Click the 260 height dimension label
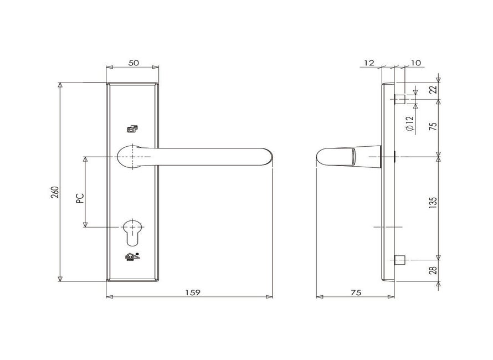click(x=55, y=192)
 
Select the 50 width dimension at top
click(x=133, y=63)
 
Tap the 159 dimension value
click(x=192, y=292)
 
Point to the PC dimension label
click(x=80, y=198)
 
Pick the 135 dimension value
click(x=433, y=203)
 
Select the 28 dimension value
click(x=433, y=270)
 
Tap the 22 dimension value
click(x=433, y=89)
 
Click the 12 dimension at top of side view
click(x=369, y=63)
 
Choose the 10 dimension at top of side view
click(x=415, y=63)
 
